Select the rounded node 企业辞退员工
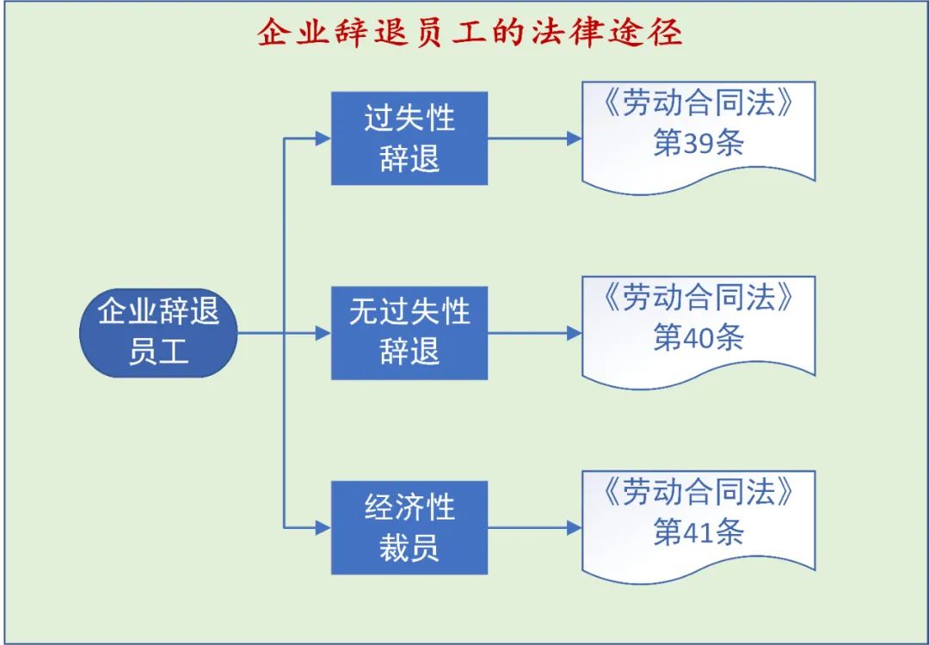click(x=158, y=333)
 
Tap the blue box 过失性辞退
click(x=409, y=138)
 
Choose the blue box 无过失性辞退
click(x=409, y=333)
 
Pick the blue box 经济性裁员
click(x=409, y=527)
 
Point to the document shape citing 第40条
click(x=698, y=326)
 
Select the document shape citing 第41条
click(x=698, y=520)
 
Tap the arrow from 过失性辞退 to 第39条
click(x=534, y=138)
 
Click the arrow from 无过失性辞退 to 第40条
click(x=534, y=333)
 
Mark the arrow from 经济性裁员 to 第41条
click(x=534, y=527)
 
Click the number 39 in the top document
click(x=698, y=144)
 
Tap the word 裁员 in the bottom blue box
click(x=409, y=548)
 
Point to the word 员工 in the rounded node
click(x=158, y=352)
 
